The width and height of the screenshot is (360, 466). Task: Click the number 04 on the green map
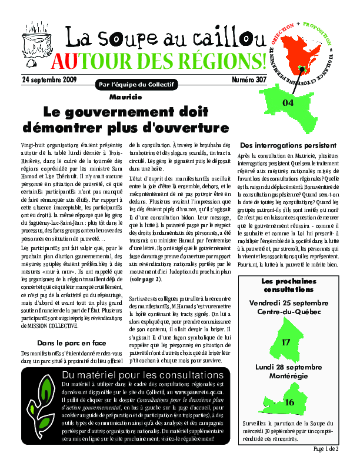tap(288, 102)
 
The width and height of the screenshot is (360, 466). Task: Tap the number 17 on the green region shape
tap(286, 342)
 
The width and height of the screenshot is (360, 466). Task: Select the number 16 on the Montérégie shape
tap(289, 403)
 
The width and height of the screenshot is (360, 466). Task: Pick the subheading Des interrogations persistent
tap(288, 145)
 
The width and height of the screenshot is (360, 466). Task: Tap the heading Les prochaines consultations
tap(288, 285)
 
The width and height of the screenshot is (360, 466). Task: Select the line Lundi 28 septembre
tap(288, 367)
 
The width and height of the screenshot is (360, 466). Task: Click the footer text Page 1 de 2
tap(326, 449)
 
